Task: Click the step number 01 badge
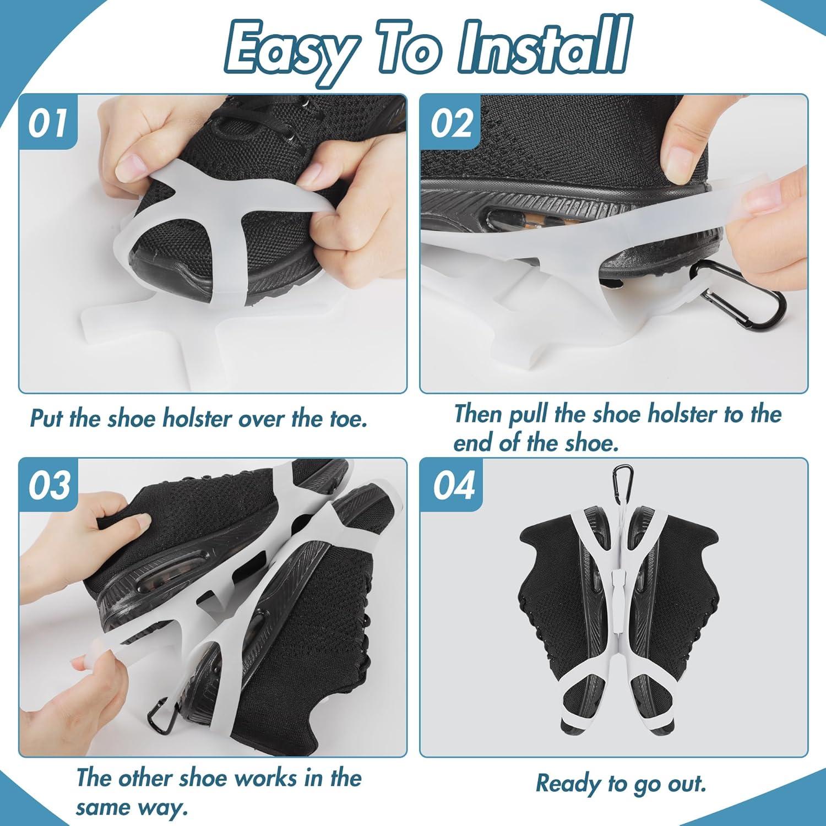48,122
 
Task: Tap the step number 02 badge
451,122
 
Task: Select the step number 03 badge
48,485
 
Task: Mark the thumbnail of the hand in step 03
144,519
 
